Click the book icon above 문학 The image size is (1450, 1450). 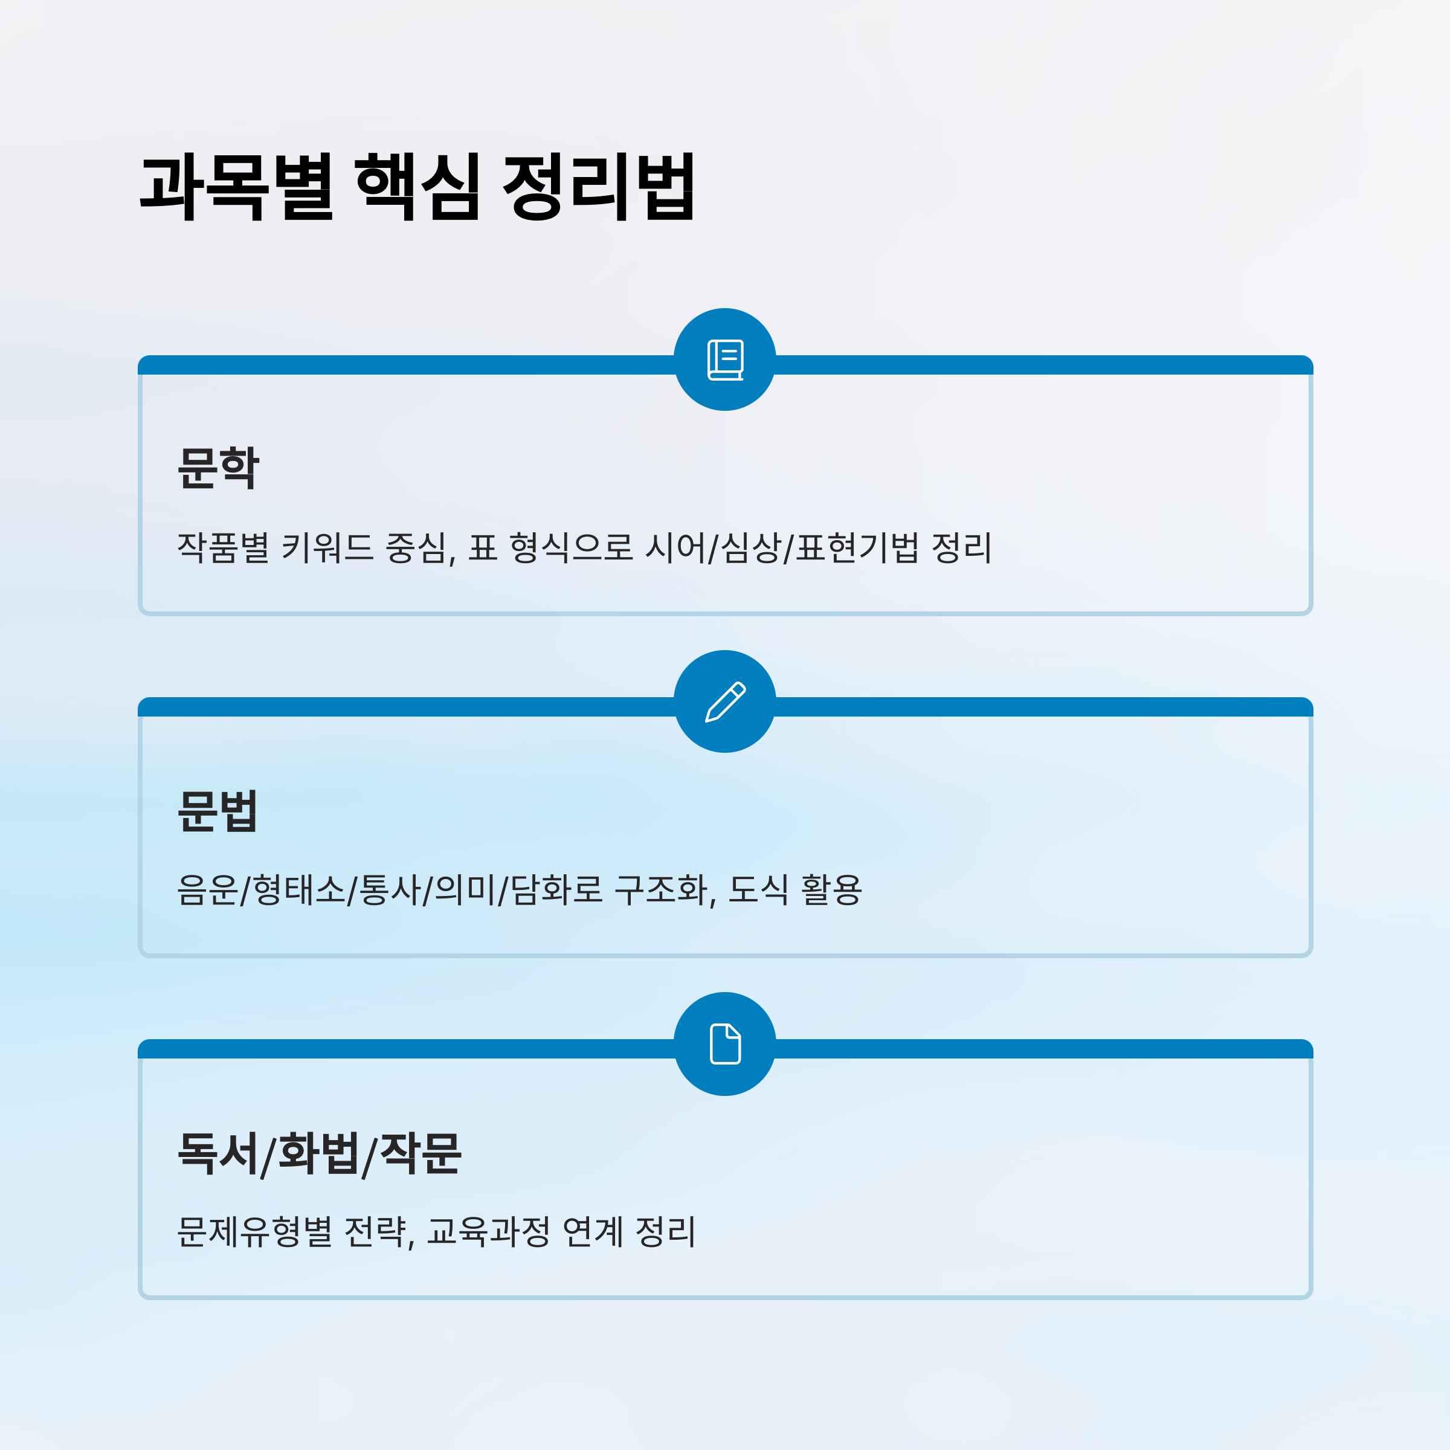coord(725,359)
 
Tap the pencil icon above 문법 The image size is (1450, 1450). coord(725,701)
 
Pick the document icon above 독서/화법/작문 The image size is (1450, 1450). coord(725,1043)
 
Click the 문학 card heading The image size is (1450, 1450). coord(218,468)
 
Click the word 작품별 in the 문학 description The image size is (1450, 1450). coord(223,547)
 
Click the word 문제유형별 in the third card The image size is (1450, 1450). coord(254,1232)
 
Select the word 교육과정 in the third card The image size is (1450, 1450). coord(489,1232)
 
